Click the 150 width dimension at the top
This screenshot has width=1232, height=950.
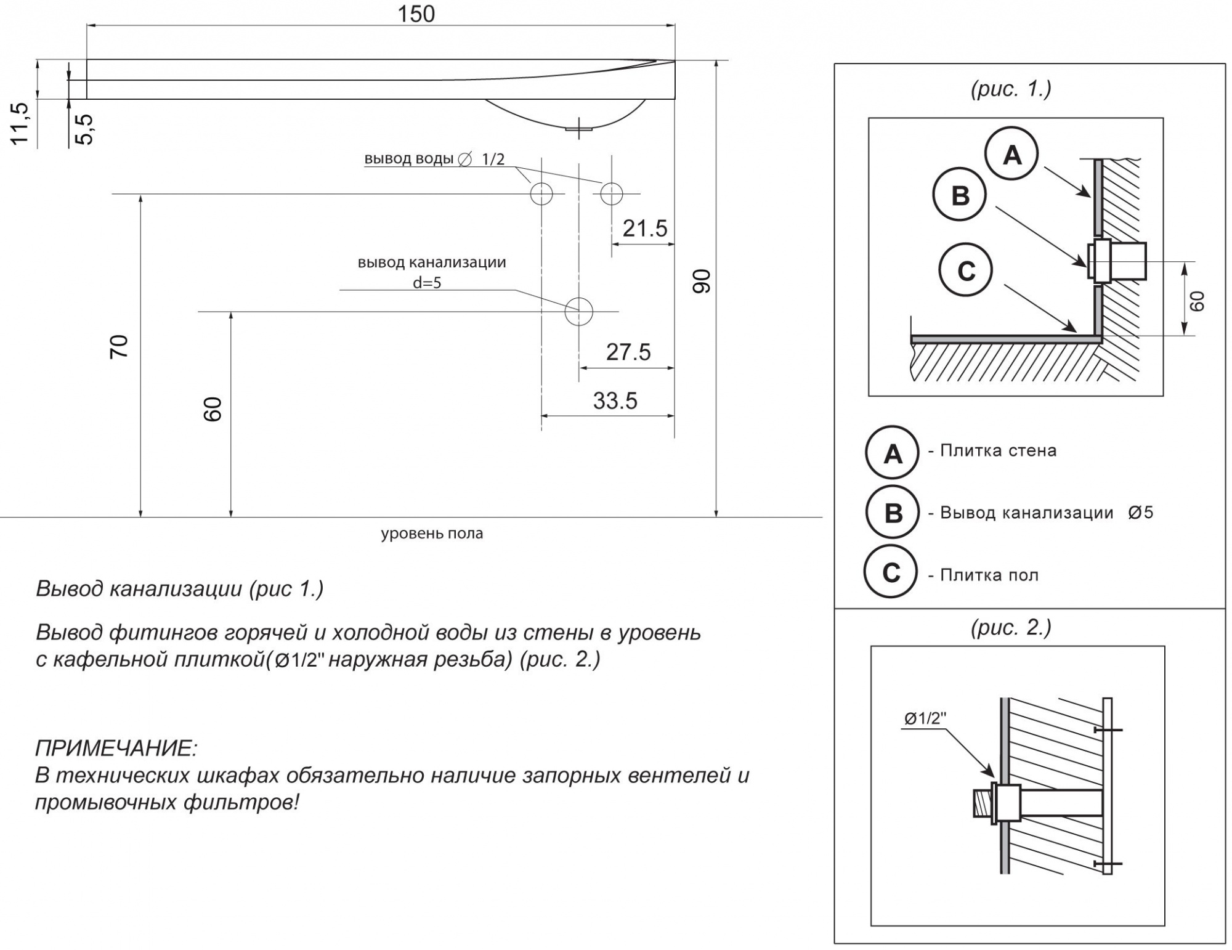click(416, 14)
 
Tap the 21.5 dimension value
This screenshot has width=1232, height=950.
click(644, 229)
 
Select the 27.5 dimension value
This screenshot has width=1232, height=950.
click(628, 352)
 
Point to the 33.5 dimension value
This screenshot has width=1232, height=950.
click(615, 401)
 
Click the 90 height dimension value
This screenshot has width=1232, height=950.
click(702, 281)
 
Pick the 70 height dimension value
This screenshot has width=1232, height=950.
click(119, 346)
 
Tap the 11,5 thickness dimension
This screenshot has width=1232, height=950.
click(20, 123)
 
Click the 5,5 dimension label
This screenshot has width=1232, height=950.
click(84, 129)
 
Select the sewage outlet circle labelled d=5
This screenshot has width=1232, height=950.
click(578, 311)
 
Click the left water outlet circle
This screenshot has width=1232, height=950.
click(541, 193)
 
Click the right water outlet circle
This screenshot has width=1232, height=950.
click(612, 193)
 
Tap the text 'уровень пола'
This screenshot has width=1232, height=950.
click(432, 534)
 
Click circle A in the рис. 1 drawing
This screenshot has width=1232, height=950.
click(1011, 154)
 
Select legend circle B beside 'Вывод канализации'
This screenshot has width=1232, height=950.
click(892, 513)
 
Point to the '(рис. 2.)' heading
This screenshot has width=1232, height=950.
click(1011, 627)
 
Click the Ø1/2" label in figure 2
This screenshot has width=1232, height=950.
click(925, 718)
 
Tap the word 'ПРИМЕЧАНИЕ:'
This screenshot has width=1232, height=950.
click(116, 749)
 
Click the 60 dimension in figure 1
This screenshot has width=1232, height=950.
click(1197, 301)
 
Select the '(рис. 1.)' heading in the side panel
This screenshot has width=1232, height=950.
click(1011, 89)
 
